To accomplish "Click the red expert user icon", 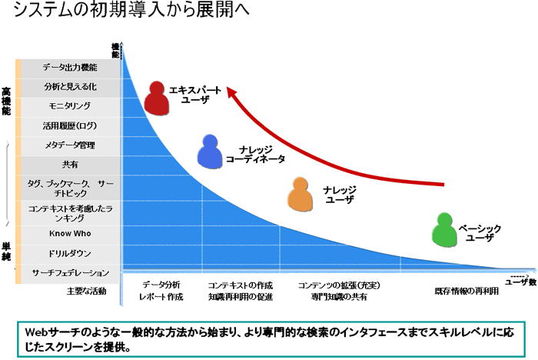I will [x=157, y=97].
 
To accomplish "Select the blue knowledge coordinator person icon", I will [x=210, y=152].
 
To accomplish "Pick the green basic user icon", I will [x=445, y=230].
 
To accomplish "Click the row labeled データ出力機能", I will [x=70, y=68].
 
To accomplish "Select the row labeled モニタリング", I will [x=70, y=106].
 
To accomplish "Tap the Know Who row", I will [x=70, y=234].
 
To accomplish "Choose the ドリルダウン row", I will [x=70, y=253].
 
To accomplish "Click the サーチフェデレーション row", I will [x=70, y=273].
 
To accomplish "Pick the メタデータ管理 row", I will [x=70, y=145].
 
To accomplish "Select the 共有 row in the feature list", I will [x=70, y=165].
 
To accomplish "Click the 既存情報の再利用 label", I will [x=467, y=292].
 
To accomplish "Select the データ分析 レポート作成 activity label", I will [x=161, y=290].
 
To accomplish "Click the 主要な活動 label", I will [x=86, y=292].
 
